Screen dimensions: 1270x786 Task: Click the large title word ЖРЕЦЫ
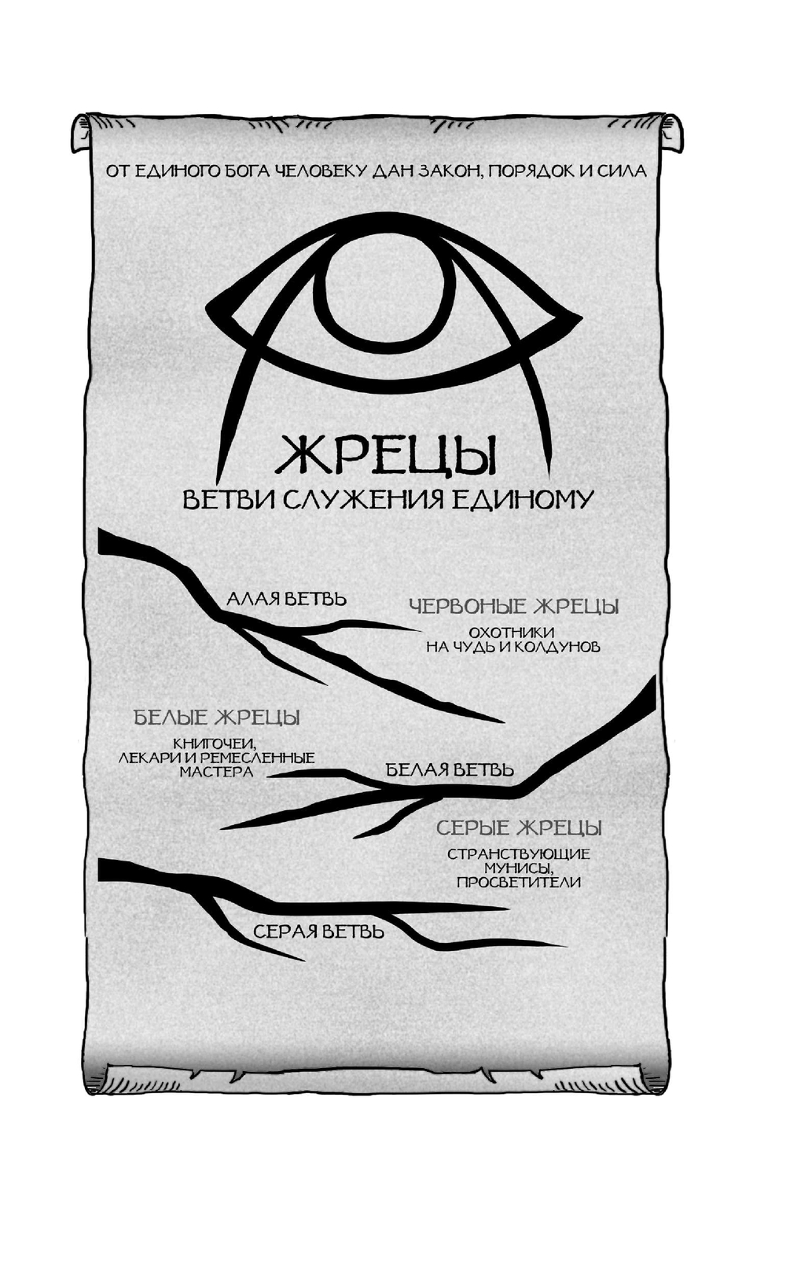[386, 455]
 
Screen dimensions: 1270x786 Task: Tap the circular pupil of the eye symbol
[393, 295]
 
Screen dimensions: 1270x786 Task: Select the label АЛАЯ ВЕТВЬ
[286, 599]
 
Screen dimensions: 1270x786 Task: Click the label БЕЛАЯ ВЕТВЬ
[450, 769]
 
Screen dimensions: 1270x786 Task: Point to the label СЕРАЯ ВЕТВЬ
[318, 932]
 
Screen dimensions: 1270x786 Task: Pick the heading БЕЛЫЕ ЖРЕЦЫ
[217, 718]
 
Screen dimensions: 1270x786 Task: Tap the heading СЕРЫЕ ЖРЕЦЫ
[519, 828]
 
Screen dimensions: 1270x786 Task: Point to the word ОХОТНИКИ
[511, 632]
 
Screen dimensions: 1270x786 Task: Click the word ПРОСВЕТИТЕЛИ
[519, 882]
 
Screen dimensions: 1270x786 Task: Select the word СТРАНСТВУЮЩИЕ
[519, 854]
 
